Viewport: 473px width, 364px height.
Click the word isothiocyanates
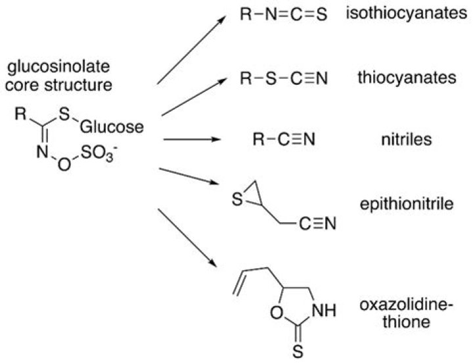(x=407, y=14)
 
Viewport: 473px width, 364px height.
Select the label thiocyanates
(x=407, y=78)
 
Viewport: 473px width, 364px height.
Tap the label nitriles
(x=407, y=140)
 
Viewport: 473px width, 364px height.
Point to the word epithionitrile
(x=407, y=204)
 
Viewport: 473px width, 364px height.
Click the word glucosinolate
(x=58, y=67)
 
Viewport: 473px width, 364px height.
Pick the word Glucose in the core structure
(x=112, y=127)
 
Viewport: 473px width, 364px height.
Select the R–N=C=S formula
(x=284, y=14)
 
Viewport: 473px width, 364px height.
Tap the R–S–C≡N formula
(x=284, y=78)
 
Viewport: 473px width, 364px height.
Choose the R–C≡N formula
(x=284, y=139)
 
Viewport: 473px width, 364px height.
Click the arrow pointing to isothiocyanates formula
(x=191, y=50)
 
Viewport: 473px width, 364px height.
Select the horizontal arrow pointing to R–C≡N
(x=192, y=139)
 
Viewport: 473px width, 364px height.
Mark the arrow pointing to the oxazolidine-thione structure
(x=187, y=238)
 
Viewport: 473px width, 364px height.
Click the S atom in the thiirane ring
(x=237, y=200)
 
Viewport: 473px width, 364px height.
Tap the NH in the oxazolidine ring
(x=324, y=310)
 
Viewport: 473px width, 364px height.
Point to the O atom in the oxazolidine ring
(x=277, y=312)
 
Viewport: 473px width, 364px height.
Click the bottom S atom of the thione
(x=298, y=352)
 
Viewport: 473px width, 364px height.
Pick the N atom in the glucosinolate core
(x=42, y=152)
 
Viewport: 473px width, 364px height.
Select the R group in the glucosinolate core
(x=20, y=114)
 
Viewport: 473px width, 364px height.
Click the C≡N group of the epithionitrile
(x=317, y=223)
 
